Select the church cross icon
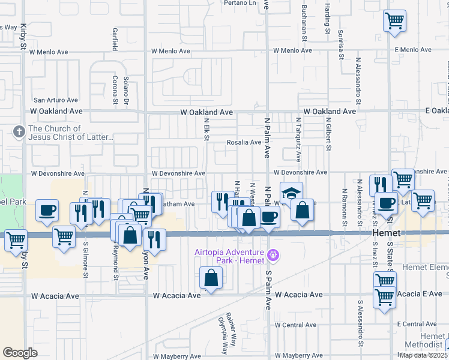[19, 132]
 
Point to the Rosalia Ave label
[244, 143]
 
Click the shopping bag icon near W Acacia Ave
[211, 278]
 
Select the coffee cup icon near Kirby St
[47, 211]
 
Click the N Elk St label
[206, 129]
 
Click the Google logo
[20, 353]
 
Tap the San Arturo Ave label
[56, 100]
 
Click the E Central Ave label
[420, 325]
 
